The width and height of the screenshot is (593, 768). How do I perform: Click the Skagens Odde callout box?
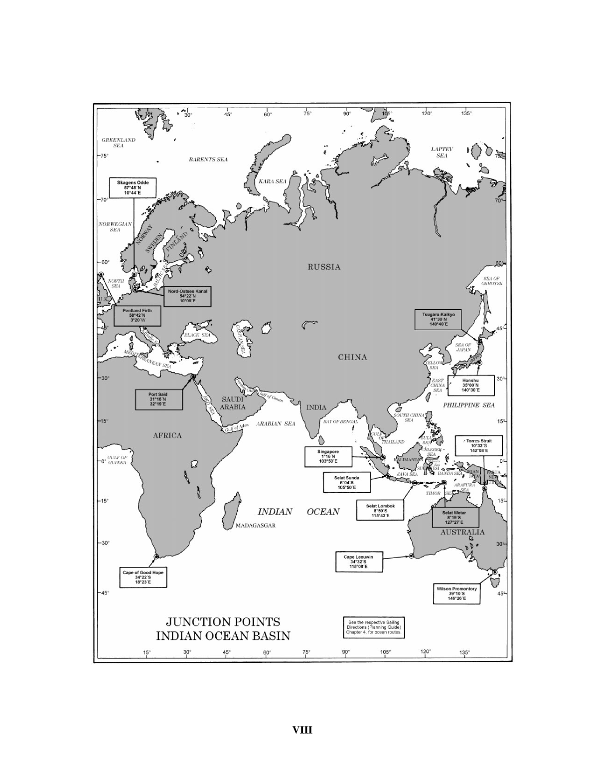(x=133, y=188)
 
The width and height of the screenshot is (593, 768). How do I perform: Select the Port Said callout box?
(x=158, y=399)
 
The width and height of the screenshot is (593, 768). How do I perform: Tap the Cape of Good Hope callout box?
(x=143, y=577)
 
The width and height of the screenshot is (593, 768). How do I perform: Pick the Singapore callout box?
(x=328, y=456)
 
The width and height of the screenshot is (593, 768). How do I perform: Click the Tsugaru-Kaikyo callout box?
(x=438, y=319)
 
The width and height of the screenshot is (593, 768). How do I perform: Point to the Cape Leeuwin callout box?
(x=358, y=562)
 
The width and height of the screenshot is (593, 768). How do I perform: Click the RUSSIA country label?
(x=324, y=267)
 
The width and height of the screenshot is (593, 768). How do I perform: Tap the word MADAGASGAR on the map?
(x=255, y=526)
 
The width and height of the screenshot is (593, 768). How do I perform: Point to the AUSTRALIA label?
(x=462, y=532)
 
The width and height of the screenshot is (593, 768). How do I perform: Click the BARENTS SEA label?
(x=208, y=160)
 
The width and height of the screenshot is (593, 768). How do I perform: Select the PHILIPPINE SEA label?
(x=469, y=405)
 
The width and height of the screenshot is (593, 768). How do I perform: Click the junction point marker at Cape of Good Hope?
(x=156, y=556)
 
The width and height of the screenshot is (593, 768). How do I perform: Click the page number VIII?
(x=302, y=730)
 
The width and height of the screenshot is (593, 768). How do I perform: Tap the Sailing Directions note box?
(x=373, y=627)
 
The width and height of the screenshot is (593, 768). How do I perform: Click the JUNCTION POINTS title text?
(x=223, y=621)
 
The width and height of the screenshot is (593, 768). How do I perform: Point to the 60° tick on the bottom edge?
(x=267, y=652)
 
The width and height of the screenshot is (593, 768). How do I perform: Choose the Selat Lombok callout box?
(x=380, y=511)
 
